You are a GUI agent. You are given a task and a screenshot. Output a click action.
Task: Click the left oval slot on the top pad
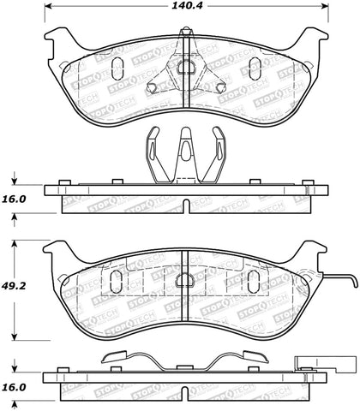(x=119, y=68)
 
